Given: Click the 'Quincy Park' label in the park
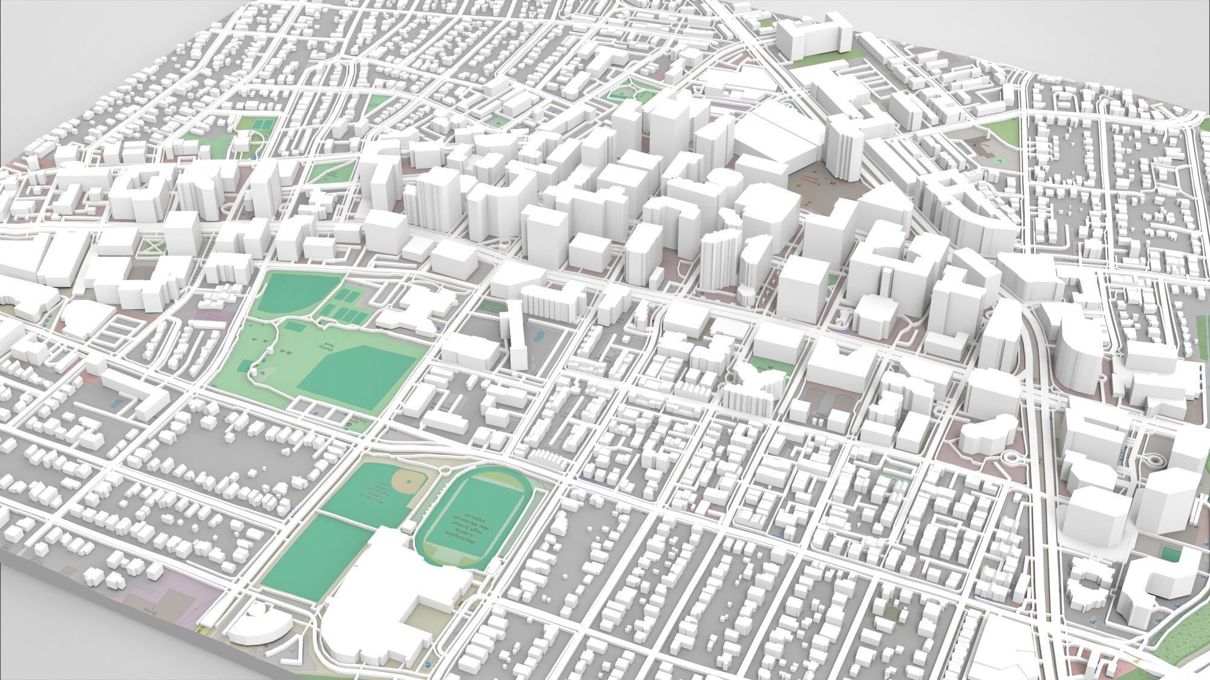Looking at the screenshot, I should point(327,345).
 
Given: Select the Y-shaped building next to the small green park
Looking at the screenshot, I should point(756,387).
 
